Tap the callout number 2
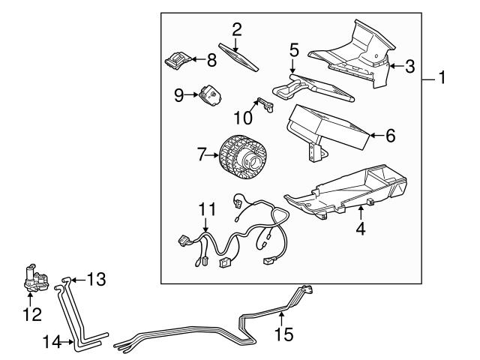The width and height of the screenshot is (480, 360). [237, 30]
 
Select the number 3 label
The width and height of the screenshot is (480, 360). [409, 66]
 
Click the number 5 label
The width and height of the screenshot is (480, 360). [294, 50]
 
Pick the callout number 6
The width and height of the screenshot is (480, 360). [390, 136]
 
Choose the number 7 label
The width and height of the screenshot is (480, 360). [201, 154]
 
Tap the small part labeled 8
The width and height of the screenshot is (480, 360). [178, 59]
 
